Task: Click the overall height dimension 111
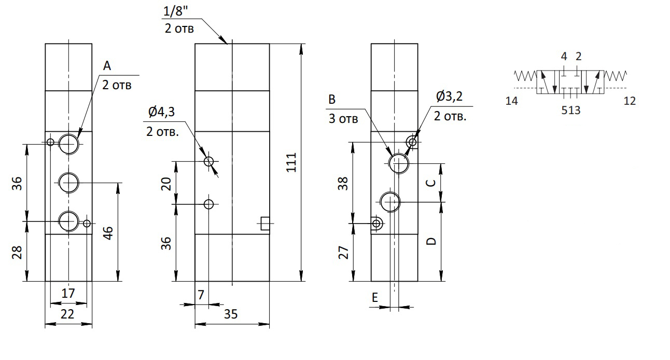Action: point(291,162)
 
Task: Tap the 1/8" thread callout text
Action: point(176,11)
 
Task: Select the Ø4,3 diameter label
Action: point(161,112)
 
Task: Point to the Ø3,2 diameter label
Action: point(449,96)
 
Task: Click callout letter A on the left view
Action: point(107,65)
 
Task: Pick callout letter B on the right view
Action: point(332,100)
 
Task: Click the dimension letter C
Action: point(431,183)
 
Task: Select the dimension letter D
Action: point(431,241)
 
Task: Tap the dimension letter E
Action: point(375,297)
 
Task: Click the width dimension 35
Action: point(231,314)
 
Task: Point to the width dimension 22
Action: point(67,314)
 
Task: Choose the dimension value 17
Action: point(68,293)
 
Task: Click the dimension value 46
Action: point(108,233)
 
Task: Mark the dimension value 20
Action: point(166,184)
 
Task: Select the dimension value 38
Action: point(343,184)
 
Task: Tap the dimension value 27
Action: point(343,253)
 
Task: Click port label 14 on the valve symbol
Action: point(511,101)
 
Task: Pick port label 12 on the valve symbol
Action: point(630,101)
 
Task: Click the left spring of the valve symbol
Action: point(525,76)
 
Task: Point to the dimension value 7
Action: point(201,295)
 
